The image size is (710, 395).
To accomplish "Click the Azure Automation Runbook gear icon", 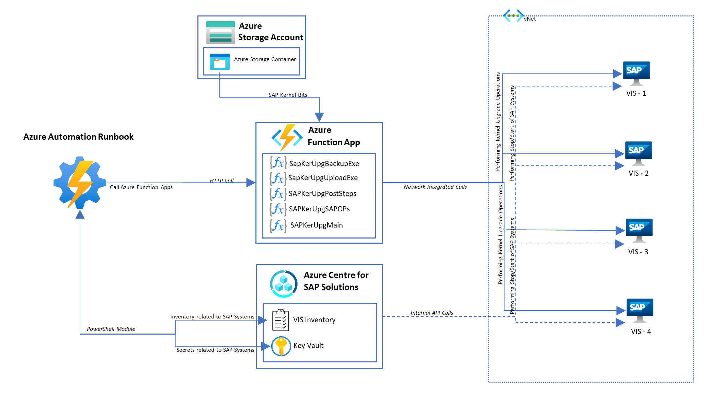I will coord(80,183).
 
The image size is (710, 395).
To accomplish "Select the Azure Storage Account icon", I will coord(220,32).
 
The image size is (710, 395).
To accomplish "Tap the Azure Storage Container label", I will coord(265,59).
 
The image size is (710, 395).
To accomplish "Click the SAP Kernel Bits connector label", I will coord(288,95).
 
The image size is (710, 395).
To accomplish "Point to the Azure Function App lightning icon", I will coord(287,137).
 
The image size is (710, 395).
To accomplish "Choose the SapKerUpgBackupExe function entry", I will coord(324,164).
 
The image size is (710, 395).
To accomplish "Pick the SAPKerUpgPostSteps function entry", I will coord(322,194).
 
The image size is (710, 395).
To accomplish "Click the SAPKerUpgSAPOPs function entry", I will coord(319,209).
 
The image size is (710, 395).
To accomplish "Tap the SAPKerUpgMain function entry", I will coord(316,225).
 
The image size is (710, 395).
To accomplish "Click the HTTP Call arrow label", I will coord(221,181).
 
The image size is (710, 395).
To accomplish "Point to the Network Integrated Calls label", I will coord(435,187).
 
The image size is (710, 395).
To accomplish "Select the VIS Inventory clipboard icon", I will coord(280,320).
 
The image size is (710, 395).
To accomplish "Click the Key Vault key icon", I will coord(281,346).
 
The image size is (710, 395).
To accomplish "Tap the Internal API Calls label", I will coord(432,313).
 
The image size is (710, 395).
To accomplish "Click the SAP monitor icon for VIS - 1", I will coord(636,73).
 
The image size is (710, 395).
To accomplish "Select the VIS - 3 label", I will coord(638,252).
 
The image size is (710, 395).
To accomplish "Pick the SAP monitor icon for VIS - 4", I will coord(640,310).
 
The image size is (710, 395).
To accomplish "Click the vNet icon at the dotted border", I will coord(513,16).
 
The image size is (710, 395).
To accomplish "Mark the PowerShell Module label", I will coord(111,329).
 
